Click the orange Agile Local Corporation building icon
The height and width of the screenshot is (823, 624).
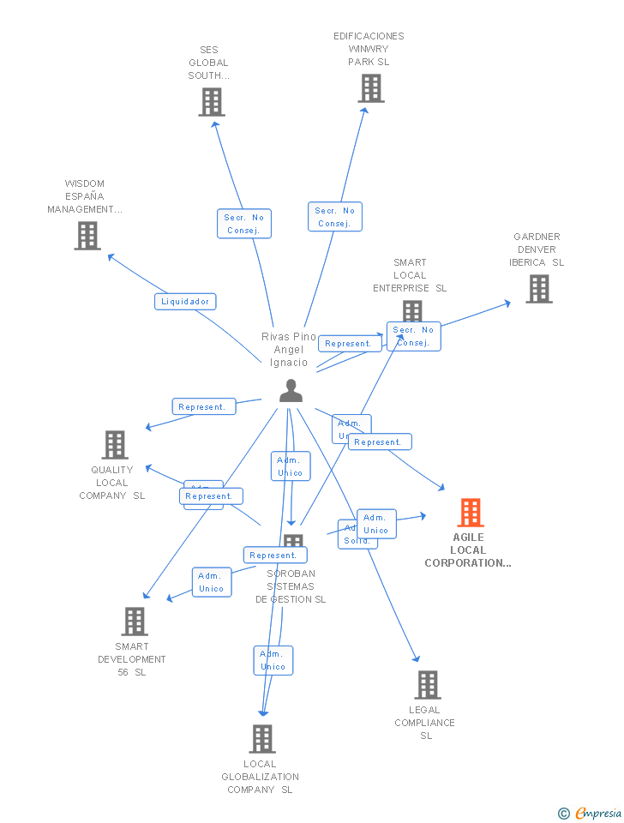pyautogui.click(x=471, y=513)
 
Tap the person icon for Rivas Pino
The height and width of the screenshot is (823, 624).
pyautogui.click(x=291, y=391)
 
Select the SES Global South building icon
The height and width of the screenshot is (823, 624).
pyautogui.click(x=211, y=102)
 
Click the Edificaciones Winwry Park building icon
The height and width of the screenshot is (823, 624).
pyautogui.click(x=371, y=88)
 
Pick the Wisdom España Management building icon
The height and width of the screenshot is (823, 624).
pyautogui.click(x=87, y=236)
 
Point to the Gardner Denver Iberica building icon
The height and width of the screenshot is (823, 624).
pyautogui.click(x=538, y=289)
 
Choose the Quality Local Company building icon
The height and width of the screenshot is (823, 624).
pyautogui.click(x=115, y=445)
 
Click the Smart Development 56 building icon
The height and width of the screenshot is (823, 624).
pyautogui.click(x=135, y=622)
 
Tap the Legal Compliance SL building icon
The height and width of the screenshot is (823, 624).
pyautogui.click(x=428, y=685)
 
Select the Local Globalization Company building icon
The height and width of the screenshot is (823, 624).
pyautogui.click(x=261, y=739)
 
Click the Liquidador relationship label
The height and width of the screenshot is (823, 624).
pyautogui.click(x=185, y=302)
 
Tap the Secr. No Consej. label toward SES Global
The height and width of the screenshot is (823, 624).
pyautogui.click(x=243, y=224)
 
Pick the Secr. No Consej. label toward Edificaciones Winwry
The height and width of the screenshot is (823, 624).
pyautogui.click(x=334, y=217)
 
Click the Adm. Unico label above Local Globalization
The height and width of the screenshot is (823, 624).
pyautogui.click(x=273, y=660)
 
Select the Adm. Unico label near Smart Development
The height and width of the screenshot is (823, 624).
pyautogui.click(x=212, y=582)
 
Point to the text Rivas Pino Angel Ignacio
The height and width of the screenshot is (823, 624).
pyautogui.click(x=289, y=350)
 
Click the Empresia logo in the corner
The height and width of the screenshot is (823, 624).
pyautogui.click(x=591, y=813)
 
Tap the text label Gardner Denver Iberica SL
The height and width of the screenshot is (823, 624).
pyautogui.click(x=537, y=249)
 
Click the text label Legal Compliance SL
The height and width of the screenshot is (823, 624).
pyautogui.click(x=425, y=723)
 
